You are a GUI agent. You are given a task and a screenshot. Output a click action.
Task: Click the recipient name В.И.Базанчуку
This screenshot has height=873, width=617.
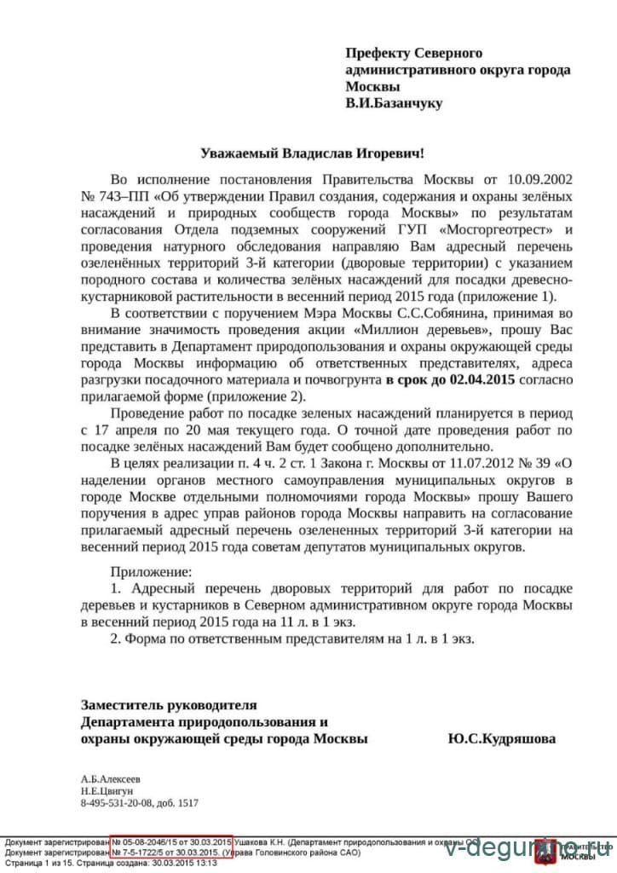(x=394, y=103)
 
